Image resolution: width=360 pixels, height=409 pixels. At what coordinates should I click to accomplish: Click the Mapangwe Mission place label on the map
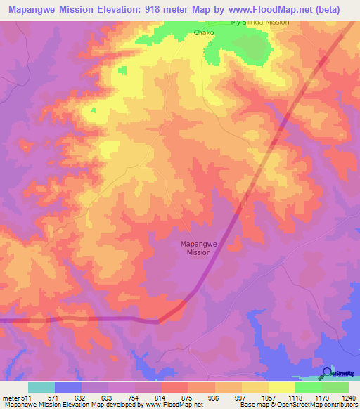click(196, 248)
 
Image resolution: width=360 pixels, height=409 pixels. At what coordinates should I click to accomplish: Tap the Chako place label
click(205, 32)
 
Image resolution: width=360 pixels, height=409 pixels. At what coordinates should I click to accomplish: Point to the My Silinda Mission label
click(260, 22)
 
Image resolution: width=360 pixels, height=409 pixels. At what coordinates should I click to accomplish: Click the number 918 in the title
click(170, 10)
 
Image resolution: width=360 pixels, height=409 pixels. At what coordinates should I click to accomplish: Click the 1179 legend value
click(321, 398)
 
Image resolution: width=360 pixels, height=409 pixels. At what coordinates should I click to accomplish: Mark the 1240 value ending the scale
click(348, 398)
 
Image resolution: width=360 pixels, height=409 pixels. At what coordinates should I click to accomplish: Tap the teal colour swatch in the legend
click(41, 387)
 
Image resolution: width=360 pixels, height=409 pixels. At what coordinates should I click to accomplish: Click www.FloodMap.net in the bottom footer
click(165, 405)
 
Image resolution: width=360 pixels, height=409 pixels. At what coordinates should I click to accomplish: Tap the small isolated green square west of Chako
click(122, 70)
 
